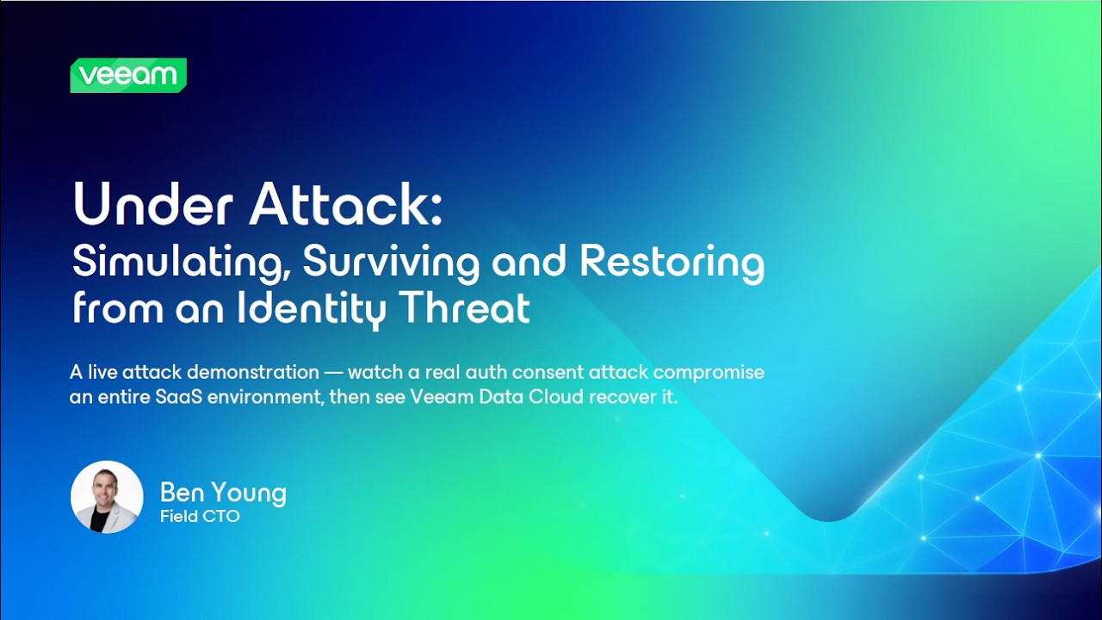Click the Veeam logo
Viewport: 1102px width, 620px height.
click(x=128, y=75)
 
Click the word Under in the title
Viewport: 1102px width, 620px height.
click(x=143, y=205)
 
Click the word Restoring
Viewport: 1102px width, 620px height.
click(x=672, y=262)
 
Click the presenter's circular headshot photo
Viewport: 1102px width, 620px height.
click(x=107, y=497)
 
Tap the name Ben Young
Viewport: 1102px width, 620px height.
click(x=223, y=493)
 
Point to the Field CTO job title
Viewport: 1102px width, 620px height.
click(x=200, y=517)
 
